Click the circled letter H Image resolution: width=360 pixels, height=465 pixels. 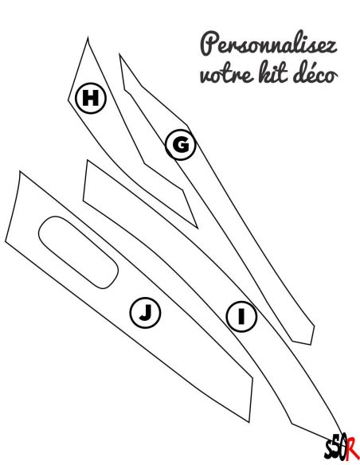click(x=91, y=98)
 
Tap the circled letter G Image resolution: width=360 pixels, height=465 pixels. click(x=181, y=145)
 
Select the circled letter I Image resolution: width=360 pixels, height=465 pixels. click(x=241, y=316)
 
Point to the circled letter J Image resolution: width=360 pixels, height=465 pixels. click(x=145, y=313)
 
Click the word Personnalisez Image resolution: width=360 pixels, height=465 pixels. click(x=268, y=45)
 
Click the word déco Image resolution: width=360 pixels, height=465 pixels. click(x=315, y=72)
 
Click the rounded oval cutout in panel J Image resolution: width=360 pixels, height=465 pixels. click(x=78, y=252)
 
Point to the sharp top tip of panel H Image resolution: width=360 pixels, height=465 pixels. click(x=88, y=37)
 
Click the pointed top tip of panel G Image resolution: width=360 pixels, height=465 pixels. click(x=119, y=54)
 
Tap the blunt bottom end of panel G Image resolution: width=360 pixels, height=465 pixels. click(x=303, y=342)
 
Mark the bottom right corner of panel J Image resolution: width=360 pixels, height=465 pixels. click(x=249, y=422)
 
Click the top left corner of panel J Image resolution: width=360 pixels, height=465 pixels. click(x=20, y=171)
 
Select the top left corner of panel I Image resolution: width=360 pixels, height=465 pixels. click(x=88, y=160)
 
